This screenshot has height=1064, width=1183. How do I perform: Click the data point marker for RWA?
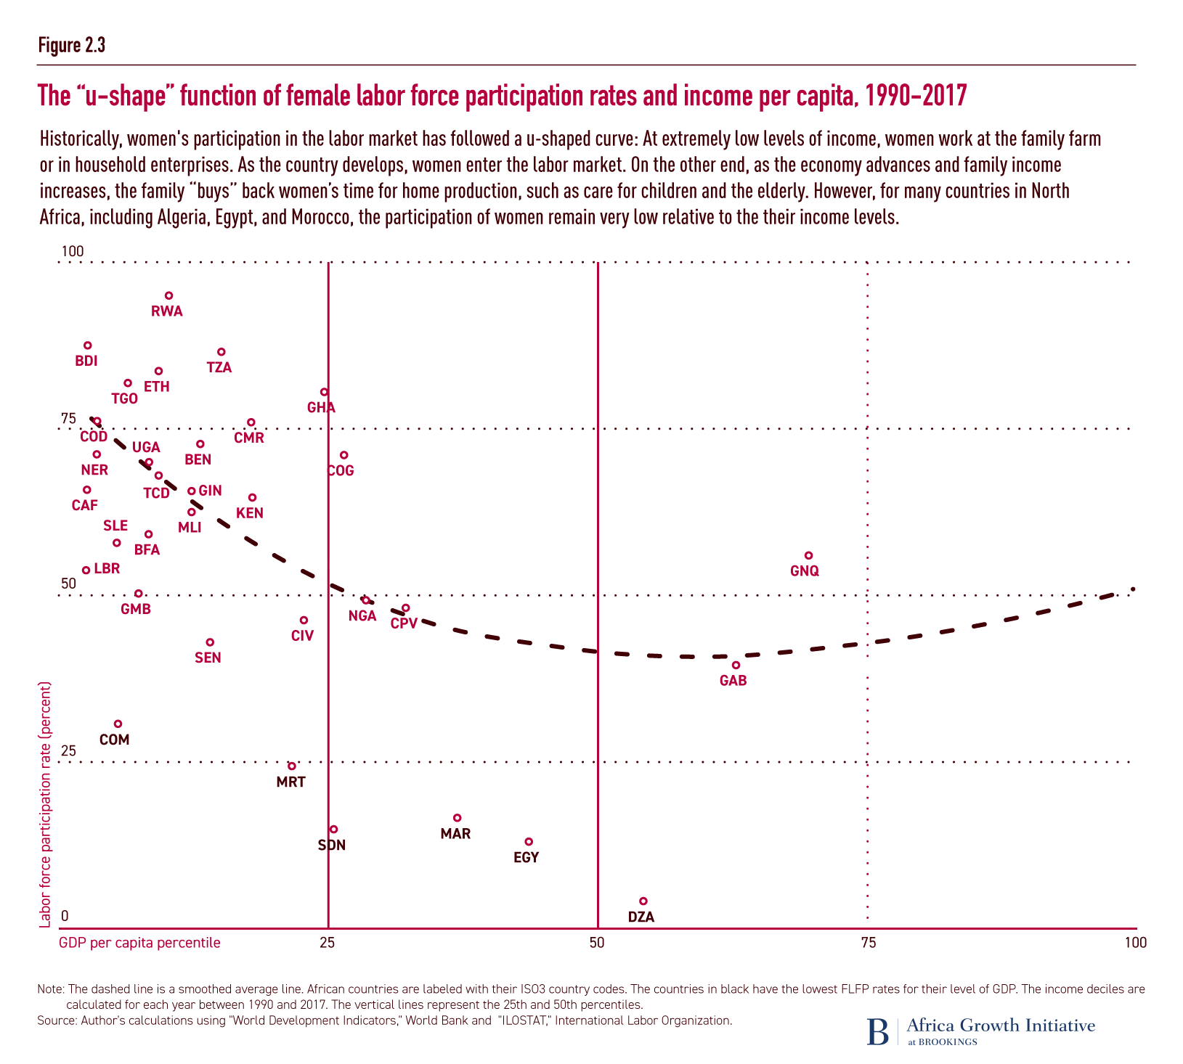tap(168, 295)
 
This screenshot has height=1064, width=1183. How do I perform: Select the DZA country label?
tap(641, 917)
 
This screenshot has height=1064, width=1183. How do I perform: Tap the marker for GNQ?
tap(808, 555)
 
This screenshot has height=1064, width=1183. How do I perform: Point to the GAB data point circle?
tap(736, 665)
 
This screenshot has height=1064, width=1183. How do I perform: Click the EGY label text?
tap(526, 857)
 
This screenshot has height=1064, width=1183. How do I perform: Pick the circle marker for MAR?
tap(457, 818)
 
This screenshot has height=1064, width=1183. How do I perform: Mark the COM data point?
tap(118, 724)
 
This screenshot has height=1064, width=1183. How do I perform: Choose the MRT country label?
tap(291, 782)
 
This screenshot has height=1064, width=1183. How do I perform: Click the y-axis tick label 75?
tap(68, 418)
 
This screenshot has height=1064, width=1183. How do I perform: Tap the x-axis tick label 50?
tap(598, 942)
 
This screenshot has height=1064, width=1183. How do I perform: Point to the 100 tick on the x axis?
tap(1135, 942)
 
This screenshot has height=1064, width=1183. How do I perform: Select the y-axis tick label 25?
tap(68, 750)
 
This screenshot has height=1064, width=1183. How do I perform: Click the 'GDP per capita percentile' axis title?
tap(139, 942)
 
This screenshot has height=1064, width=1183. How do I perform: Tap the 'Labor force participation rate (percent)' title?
tap(45, 804)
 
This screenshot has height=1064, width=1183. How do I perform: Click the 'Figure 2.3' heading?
tap(72, 45)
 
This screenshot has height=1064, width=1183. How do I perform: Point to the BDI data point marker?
tap(88, 345)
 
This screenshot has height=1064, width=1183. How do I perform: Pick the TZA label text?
tap(219, 367)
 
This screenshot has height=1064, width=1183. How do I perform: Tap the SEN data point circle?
tap(210, 642)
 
